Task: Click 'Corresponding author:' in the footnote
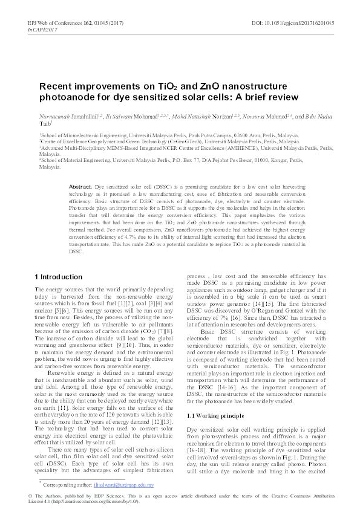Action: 73,484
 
